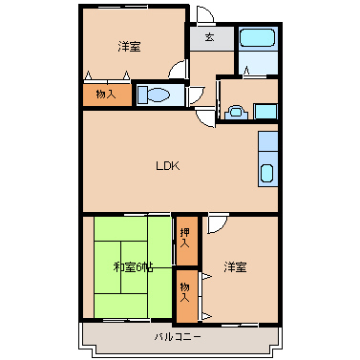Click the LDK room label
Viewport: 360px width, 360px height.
tap(168, 166)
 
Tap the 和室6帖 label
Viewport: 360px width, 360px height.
tap(133, 267)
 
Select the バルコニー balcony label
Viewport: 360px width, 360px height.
tap(178, 337)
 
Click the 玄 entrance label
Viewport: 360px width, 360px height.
tap(209, 37)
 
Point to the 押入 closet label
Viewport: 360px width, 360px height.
tap(185, 238)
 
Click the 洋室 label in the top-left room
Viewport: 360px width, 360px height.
tap(129, 47)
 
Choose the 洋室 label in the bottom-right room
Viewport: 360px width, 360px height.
tap(235, 267)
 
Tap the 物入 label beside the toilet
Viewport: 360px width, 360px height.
tap(106, 95)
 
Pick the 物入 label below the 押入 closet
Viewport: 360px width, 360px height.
tap(185, 292)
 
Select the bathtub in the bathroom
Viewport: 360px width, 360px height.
tap(257, 38)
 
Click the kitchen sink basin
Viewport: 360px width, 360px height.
tap(266, 174)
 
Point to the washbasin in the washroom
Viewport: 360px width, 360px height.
tap(236, 112)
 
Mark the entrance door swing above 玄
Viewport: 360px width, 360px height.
tap(205, 14)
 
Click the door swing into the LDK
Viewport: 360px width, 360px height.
tap(206, 117)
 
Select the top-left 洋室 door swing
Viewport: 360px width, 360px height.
tap(177, 69)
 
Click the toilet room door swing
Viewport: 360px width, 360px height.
tap(197, 95)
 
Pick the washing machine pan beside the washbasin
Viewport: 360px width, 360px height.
tap(265, 112)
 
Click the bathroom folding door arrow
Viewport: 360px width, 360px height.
tap(246, 72)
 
